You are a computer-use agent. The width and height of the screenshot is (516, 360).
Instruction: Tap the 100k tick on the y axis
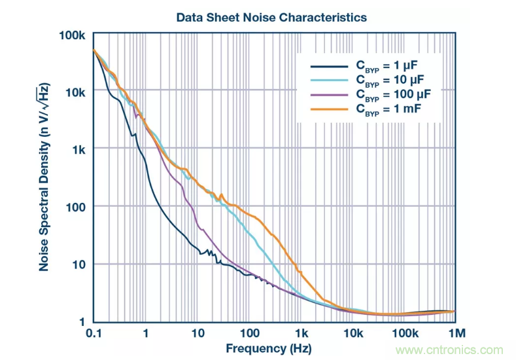tap(73, 33)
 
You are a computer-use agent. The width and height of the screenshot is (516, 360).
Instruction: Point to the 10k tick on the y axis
tap(76, 92)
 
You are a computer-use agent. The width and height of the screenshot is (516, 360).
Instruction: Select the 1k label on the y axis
tap(79, 149)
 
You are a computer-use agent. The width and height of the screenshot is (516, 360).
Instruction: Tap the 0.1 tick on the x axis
tap(94, 333)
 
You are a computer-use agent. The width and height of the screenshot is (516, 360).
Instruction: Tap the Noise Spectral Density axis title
tap(45, 177)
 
